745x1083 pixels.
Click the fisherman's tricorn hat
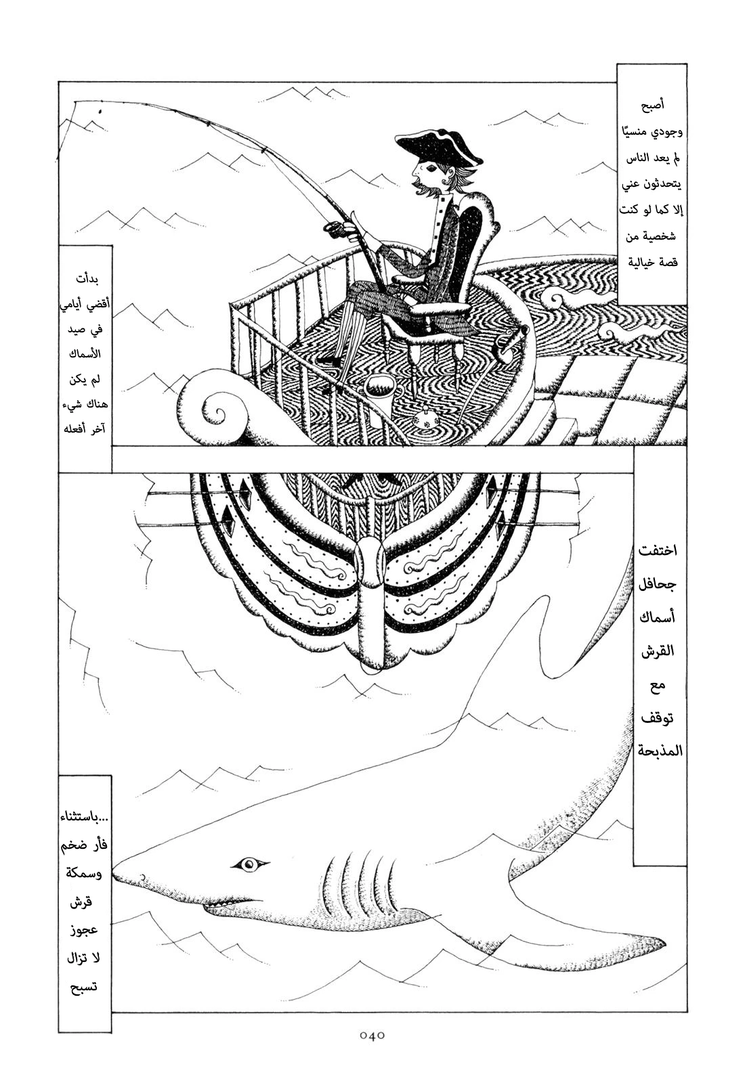point(439,148)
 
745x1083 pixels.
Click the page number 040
point(372,1054)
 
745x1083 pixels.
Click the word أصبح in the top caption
point(652,105)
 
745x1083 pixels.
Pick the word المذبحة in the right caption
point(660,750)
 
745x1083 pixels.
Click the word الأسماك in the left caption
point(85,354)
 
